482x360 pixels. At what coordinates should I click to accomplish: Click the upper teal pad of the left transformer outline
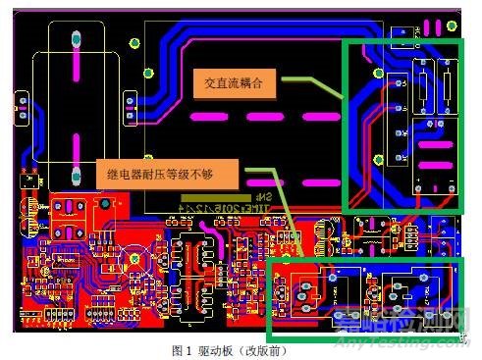coord(75,39)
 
